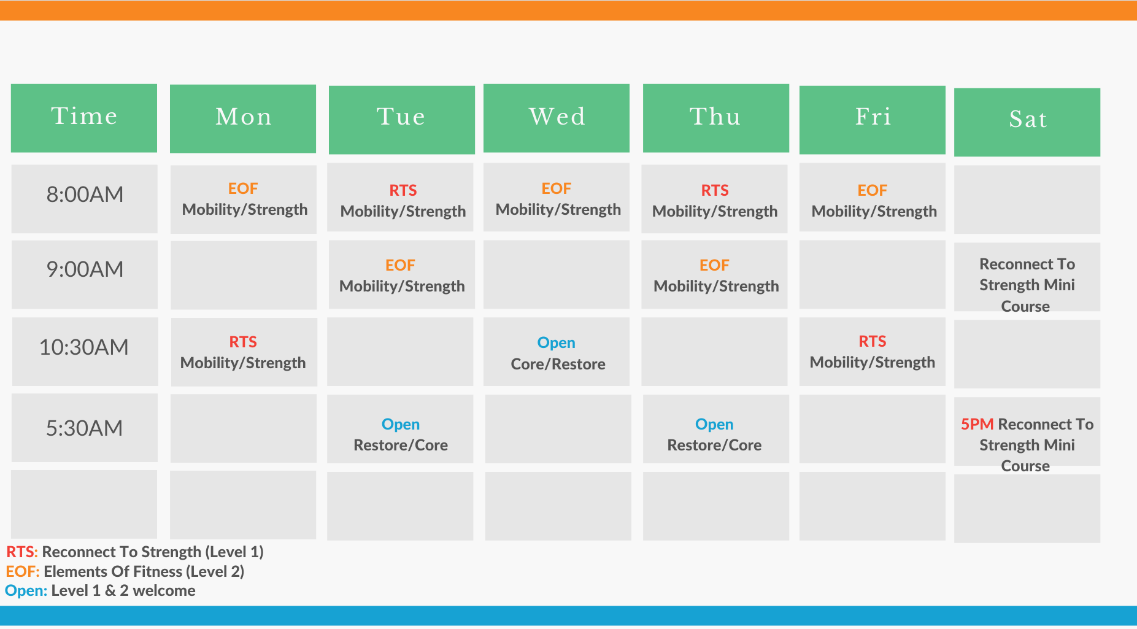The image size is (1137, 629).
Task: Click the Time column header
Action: (x=84, y=118)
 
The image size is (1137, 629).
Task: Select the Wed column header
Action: (x=557, y=118)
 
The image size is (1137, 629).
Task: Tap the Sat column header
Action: (x=1027, y=122)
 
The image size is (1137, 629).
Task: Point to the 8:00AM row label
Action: (x=85, y=195)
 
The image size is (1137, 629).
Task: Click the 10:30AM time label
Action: (x=84, y=347)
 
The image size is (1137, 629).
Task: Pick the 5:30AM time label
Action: (x=85, y=428)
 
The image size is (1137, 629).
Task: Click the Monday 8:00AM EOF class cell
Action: (x=244, y=199)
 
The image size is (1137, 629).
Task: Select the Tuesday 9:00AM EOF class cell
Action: (x=402, y=274)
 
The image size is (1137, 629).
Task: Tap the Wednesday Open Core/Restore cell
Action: (x=557, y=352)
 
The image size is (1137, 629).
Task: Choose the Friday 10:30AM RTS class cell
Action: (x=873, y=352)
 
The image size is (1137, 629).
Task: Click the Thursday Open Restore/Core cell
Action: (x=716, y=429)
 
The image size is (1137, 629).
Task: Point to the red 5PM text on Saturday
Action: (x=977, y=424)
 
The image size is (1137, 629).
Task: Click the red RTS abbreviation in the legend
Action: (x=22, y=552)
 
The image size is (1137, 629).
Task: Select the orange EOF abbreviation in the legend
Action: (x=23, y=571)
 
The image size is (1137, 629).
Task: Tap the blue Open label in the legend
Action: (x=26, y=591)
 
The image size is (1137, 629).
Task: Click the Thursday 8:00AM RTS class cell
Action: (x=714, y=199)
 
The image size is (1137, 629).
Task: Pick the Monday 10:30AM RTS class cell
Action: (x=244, y=352)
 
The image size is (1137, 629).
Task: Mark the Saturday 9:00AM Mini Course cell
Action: (x=1027, y=277)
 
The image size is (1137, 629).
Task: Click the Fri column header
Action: (x=873, y=120)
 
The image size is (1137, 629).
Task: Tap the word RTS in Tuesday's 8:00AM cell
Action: (x=403, y=190)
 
